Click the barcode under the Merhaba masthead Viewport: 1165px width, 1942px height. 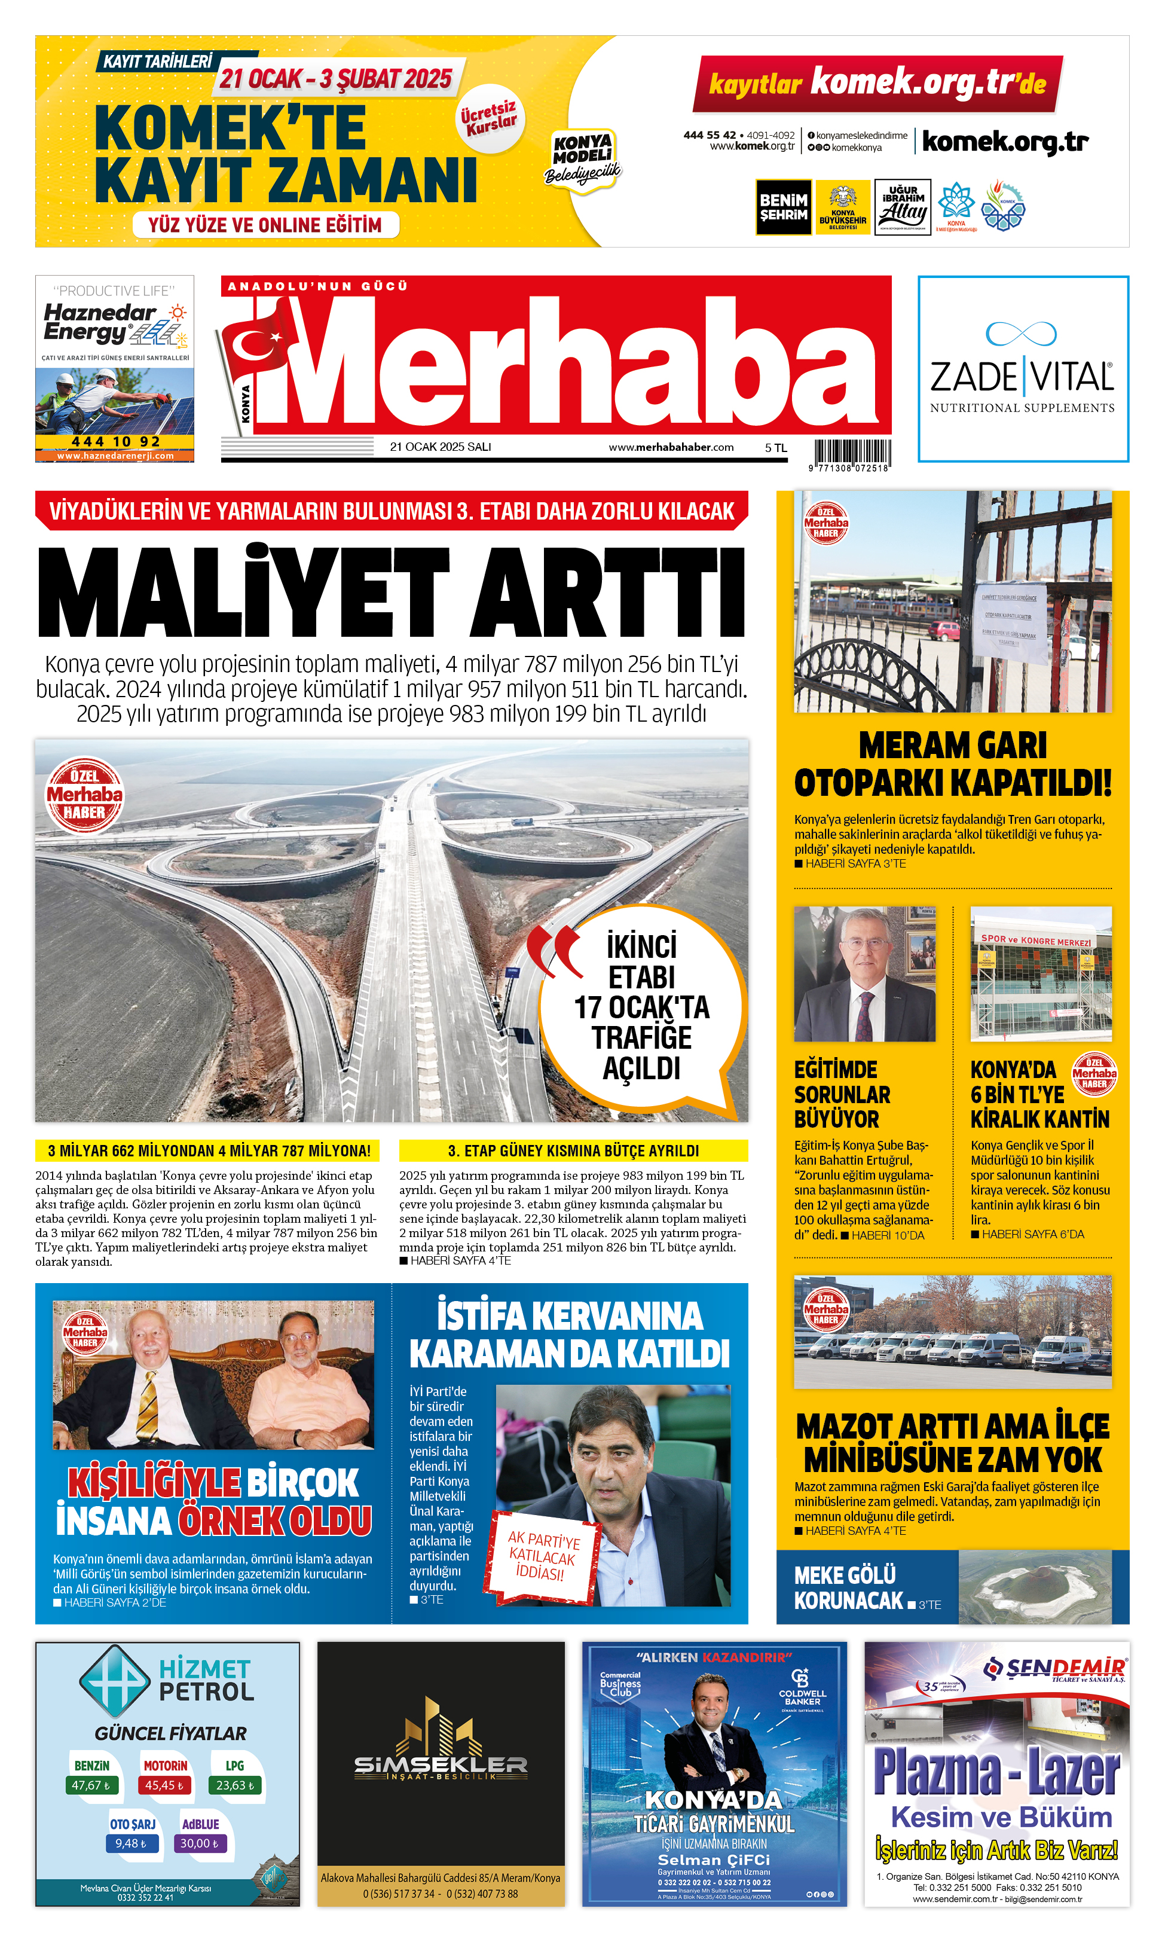pos(852,453)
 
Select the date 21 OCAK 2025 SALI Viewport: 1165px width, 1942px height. pos(441,447)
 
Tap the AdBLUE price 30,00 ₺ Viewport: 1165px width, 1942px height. pos(200,1843)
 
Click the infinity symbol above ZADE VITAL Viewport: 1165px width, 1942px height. pos(1022,334)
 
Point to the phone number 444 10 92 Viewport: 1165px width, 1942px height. pos(115,441)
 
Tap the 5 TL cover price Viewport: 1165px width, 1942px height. pos(776,448)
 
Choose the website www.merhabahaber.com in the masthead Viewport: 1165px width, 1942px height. pos(671,447)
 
